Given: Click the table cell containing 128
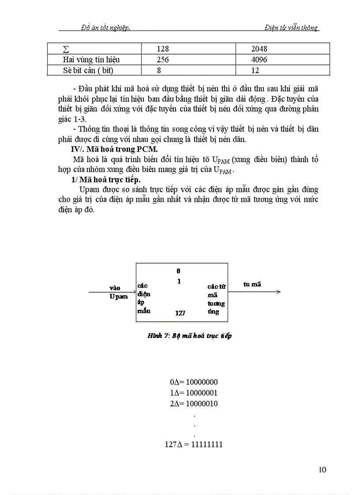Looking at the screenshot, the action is pyautogui.click(x=163, y=49).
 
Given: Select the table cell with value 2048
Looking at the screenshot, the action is pyautogui.click(x=258, y=49).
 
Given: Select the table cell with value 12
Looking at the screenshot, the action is pyautogui.click(x=254, y=70).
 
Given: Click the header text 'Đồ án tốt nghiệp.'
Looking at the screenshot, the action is pyautogui.click(x=105, y=27).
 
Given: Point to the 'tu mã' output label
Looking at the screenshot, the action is pyautogui.click(x=252, y=284).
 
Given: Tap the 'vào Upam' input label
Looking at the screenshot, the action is pyautogui.click(x=118, y=292).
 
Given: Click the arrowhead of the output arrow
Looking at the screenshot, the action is pyautogui.click(x=278, y=292).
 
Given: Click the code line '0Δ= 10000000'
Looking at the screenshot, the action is pyautogui.click(x=194, y=382).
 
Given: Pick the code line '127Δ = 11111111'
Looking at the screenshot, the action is pyautogui.click(x=194, y=445).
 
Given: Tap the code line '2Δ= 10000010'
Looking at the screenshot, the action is pyautogui.click(x=194, y=404).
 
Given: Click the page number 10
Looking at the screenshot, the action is pyautogui.click(x=322, y=470).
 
